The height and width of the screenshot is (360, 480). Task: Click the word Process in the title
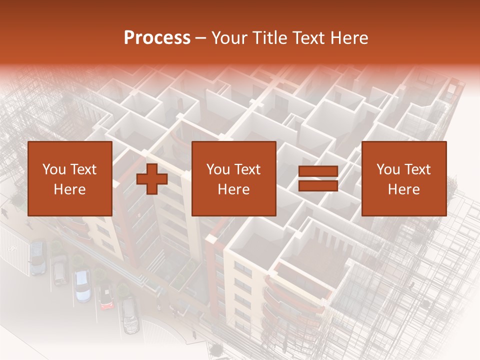click(x=157, y=38)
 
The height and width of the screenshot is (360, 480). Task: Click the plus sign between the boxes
click(x=152, y=179)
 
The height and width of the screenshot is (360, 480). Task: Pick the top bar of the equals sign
click(x=318, y=171)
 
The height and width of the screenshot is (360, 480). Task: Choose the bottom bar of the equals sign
click(x=318, y=186)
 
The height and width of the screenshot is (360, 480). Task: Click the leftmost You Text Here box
click(x=69, y=178)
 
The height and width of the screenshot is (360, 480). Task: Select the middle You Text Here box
click(x=233, y=178)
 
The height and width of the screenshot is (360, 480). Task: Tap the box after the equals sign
click(x=403, y=178)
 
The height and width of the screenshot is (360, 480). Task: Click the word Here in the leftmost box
click(x=69, y=189)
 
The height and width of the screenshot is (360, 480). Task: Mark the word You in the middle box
click(x=217, y=169)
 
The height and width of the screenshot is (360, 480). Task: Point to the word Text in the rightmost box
click(x=418, y=169)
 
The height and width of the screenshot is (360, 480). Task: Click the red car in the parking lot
click(x=106, y=297)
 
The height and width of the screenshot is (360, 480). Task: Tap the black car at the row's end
click(x=130, y=314)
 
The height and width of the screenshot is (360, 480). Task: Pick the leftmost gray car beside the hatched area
click(x=38, y=257)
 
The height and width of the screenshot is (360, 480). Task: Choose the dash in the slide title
click(x=201, y=38)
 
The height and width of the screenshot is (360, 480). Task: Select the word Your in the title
click(x=230, y=38)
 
